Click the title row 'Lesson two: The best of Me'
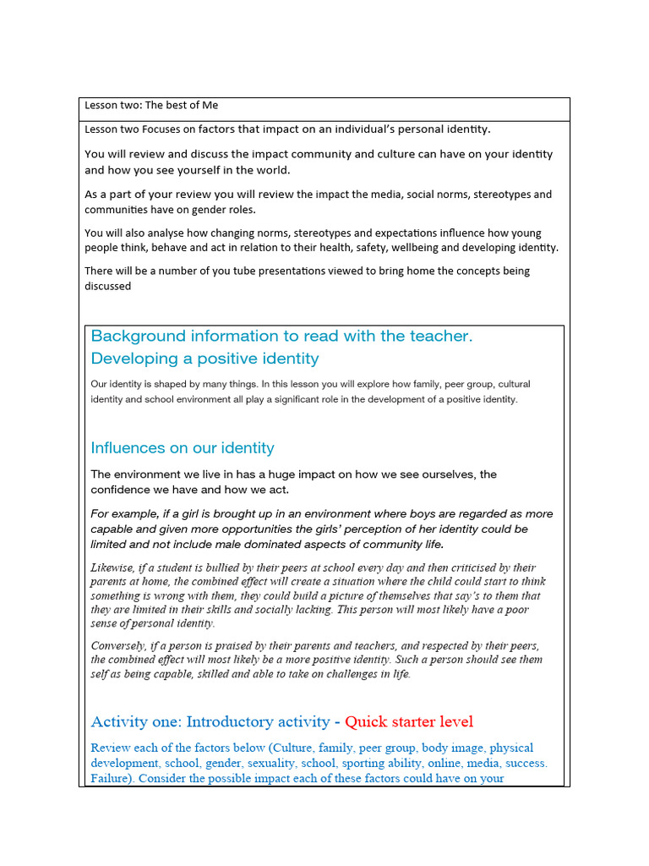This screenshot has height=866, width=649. pyautogui.click(x=151, y=106)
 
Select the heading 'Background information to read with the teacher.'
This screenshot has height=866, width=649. pyautogui.click(x=281, y=337)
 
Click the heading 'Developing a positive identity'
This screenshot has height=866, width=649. pyautogui.click(x=205, y=359)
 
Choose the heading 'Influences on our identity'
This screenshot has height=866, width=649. pyautogui.click(x=182, y=448)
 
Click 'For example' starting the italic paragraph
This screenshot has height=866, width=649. pyautogui.click(x=124, y=514)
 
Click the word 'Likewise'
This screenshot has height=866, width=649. pyautogui.click(x=115, y=568)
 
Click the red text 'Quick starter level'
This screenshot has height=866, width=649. pyautogui.click(x=409, y=722)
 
